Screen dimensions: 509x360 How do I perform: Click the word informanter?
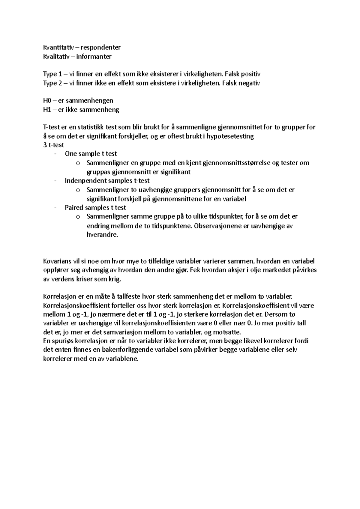coord(94,56)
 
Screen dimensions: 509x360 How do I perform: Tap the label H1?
coord(47,110)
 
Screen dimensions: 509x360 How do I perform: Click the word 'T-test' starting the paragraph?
coord(52,127)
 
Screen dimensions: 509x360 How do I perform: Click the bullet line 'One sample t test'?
coord(91,154)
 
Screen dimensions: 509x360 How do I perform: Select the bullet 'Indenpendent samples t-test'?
coord(107,181)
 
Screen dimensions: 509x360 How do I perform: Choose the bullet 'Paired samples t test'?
coord(95,207)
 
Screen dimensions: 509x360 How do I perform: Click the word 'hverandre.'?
coord(102,235)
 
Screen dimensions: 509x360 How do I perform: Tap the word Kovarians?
coord(57,261)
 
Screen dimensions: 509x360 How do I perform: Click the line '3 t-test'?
coord(54,145)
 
